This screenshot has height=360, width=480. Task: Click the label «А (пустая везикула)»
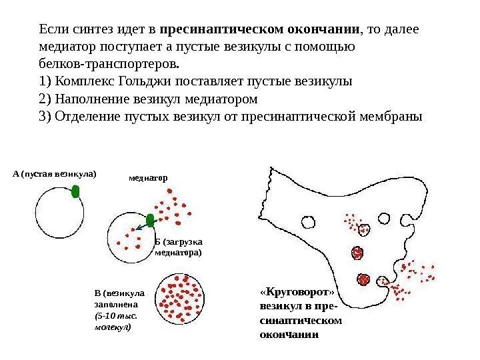54,174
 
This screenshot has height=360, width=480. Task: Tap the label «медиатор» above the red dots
148,178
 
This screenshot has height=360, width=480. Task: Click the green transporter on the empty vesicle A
75,192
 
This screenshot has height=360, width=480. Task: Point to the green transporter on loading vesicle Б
150,220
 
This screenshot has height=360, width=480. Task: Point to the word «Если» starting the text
54,31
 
